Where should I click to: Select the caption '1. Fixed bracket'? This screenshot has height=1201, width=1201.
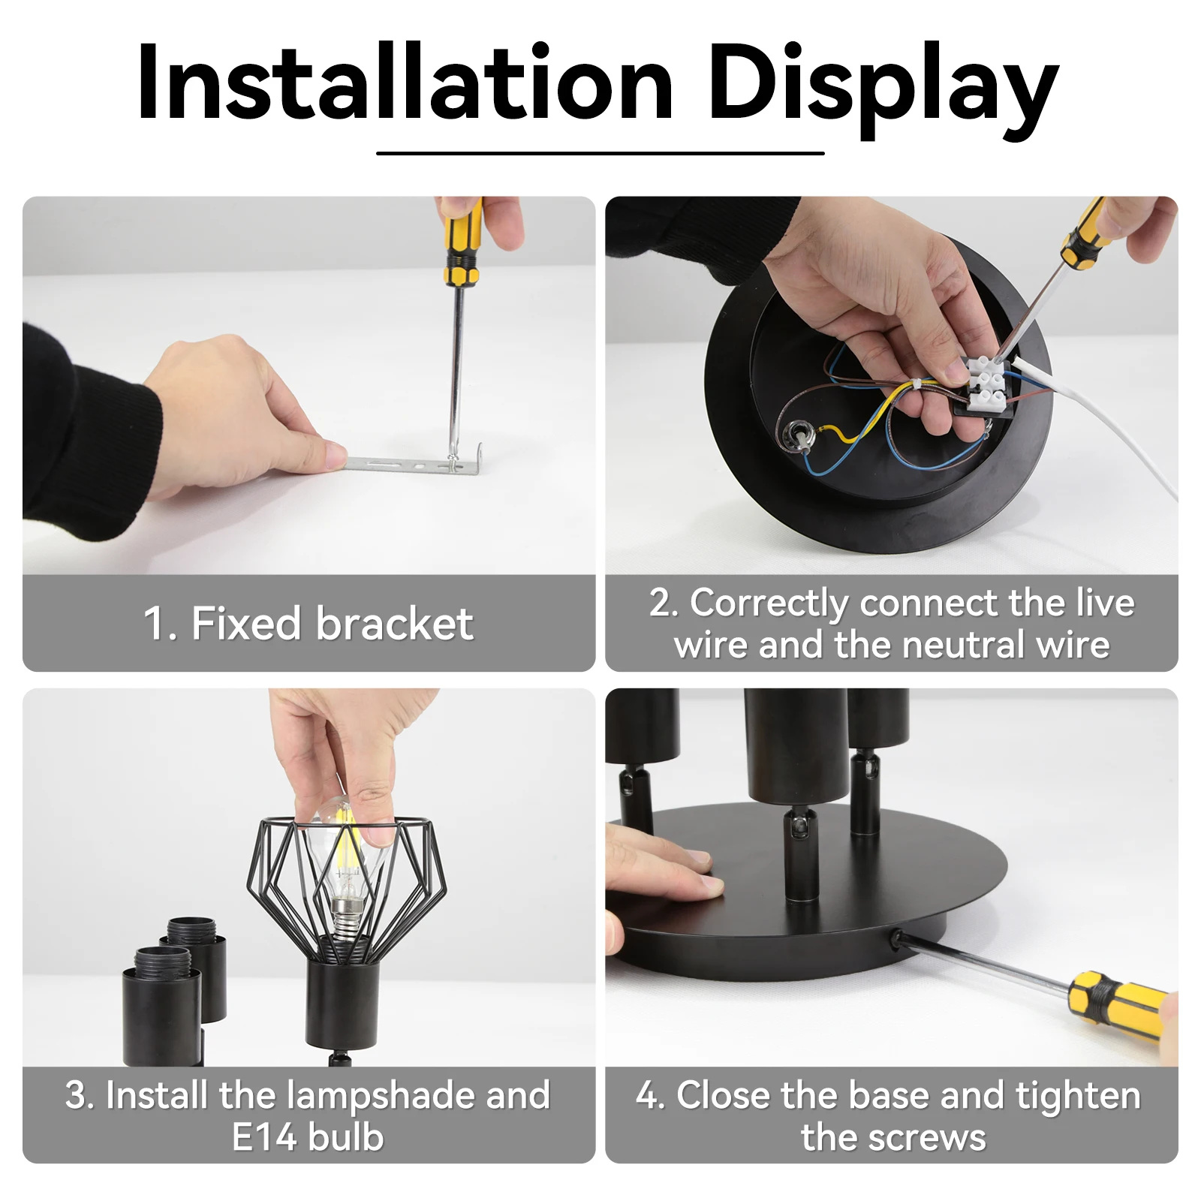pos(309,623)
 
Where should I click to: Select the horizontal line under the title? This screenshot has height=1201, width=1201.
pos(600,153)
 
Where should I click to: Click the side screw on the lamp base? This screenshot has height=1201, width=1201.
pos(895,937)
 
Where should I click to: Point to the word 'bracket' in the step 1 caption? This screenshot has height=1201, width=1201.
pos(395,623)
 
